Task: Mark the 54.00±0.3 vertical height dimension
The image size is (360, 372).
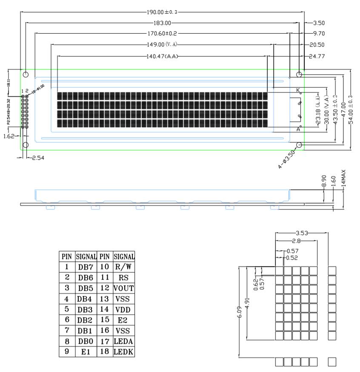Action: tap(350, 109)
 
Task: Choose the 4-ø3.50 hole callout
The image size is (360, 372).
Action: tap(286, 159)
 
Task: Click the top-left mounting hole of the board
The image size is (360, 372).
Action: tap(26, 75)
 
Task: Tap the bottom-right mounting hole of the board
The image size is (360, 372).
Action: tap(299, 145)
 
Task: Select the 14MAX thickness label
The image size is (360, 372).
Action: tap(343, 179)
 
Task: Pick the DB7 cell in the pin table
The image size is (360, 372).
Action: tap(86, 267)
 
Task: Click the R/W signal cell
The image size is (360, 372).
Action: tap(123, 267)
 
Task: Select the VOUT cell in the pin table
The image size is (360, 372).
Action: tap(123, 288)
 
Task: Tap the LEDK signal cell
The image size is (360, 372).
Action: tap(123, 352)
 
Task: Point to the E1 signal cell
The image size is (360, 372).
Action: tap(86, 352)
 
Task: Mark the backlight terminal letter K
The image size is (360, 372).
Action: tap(298, 90)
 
